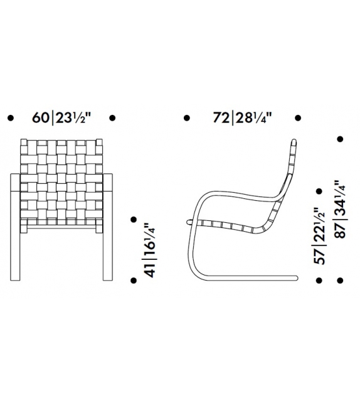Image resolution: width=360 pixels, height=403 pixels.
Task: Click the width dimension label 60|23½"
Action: pyautogui.click(x=61, y=117)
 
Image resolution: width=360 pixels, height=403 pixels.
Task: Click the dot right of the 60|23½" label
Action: pyautogui.click(x=112, y=117)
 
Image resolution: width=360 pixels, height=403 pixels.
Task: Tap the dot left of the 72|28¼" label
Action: pyautogui.click(x=186, y=117)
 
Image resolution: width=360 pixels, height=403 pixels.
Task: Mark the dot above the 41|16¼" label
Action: pyautogui.click(x=134, y=219)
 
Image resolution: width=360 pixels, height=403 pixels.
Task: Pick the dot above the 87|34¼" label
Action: pyautogui.click(x=341, y=139)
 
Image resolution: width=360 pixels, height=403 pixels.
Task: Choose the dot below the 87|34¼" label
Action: pyautogui.click(x=341, y=280)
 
